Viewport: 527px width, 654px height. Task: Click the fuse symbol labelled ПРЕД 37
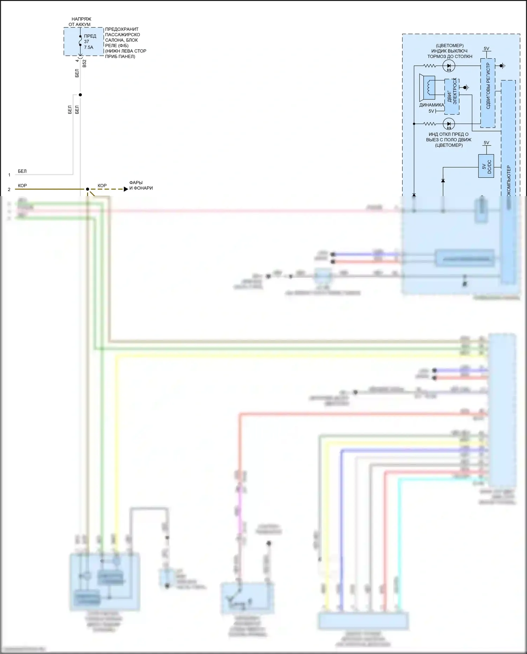coord(80,41)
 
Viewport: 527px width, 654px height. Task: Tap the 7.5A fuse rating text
coord(89,47)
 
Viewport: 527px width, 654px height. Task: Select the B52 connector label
coord(84,64)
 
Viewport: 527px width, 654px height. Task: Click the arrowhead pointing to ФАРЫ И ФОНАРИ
coord(126,189)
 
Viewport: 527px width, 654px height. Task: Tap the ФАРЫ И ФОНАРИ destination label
coord(141,185)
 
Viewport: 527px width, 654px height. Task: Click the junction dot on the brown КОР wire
coord(87,189)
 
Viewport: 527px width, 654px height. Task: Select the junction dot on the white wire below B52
coord(80,95)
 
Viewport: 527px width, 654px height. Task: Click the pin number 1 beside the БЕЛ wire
coord(9,175)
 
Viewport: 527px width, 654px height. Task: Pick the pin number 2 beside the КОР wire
coord(9,189)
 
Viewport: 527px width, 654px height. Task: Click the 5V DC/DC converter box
coord(486,166)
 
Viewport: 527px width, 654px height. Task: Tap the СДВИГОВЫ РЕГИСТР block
coord(488,93)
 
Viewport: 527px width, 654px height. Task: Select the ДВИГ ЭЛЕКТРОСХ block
coord(452,97)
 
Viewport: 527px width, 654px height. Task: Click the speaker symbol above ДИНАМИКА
coord(428,88)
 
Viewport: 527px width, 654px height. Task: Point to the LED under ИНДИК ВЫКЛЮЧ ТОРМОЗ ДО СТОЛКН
coord(449,66)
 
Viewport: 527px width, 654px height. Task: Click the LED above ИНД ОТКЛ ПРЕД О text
coord(449,124)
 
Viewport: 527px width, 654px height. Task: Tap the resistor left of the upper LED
coord(429,66)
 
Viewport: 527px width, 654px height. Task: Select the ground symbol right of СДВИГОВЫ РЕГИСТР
coord(502,66)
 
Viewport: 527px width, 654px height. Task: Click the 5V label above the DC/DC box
coord(486,143)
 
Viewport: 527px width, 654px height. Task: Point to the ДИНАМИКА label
coord(431,105)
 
